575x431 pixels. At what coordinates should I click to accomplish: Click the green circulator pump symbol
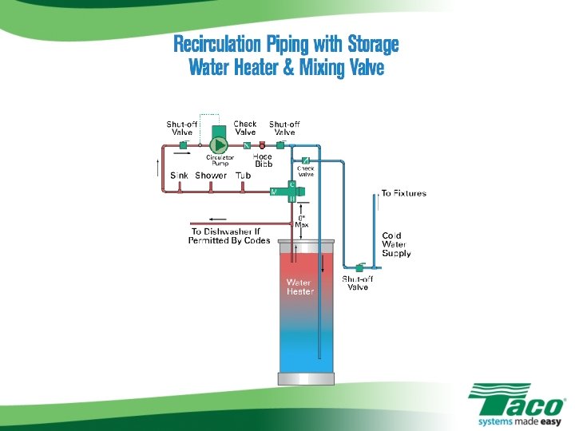[217, 144]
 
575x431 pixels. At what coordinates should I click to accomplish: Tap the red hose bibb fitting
[262, 146]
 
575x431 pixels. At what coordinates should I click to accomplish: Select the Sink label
[179, 176]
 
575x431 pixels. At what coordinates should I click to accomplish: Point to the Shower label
[211, 176]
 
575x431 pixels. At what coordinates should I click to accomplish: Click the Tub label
[244, 176]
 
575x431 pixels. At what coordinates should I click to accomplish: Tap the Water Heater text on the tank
[300, 287]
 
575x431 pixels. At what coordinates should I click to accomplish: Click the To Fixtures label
[403, 193]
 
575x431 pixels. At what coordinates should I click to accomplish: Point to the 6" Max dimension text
[302, 221]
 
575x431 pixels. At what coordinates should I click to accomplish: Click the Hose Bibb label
[264, 160]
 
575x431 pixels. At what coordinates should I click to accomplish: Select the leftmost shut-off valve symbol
[183, 145]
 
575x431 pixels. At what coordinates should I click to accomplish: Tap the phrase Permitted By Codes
[229, 240]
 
